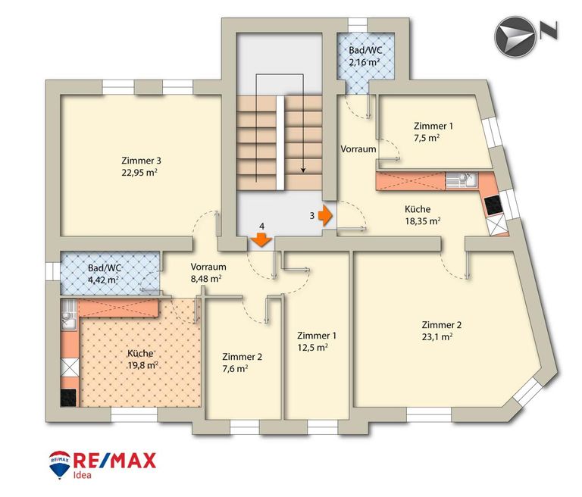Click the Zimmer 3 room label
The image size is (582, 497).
142,161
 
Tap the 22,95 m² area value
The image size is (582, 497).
139,173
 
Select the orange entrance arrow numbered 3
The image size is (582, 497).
326,216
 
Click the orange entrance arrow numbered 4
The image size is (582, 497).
262,239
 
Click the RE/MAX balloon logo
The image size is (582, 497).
59,464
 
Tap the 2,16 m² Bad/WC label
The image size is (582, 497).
365,56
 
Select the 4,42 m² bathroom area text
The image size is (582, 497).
104,280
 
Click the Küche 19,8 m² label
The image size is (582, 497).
142,359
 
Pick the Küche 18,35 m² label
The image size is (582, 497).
422,215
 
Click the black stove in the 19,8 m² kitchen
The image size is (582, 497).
68,398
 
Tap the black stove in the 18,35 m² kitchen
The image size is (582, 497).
493,205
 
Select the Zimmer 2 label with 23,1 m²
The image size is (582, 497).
441,331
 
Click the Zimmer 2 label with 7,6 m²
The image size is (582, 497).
242,363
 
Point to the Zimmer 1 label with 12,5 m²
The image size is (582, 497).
317,342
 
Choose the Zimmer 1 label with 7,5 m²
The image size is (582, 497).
433,132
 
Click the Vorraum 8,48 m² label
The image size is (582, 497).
208,273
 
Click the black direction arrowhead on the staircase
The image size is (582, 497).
303,170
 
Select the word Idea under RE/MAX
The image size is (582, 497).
82,475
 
